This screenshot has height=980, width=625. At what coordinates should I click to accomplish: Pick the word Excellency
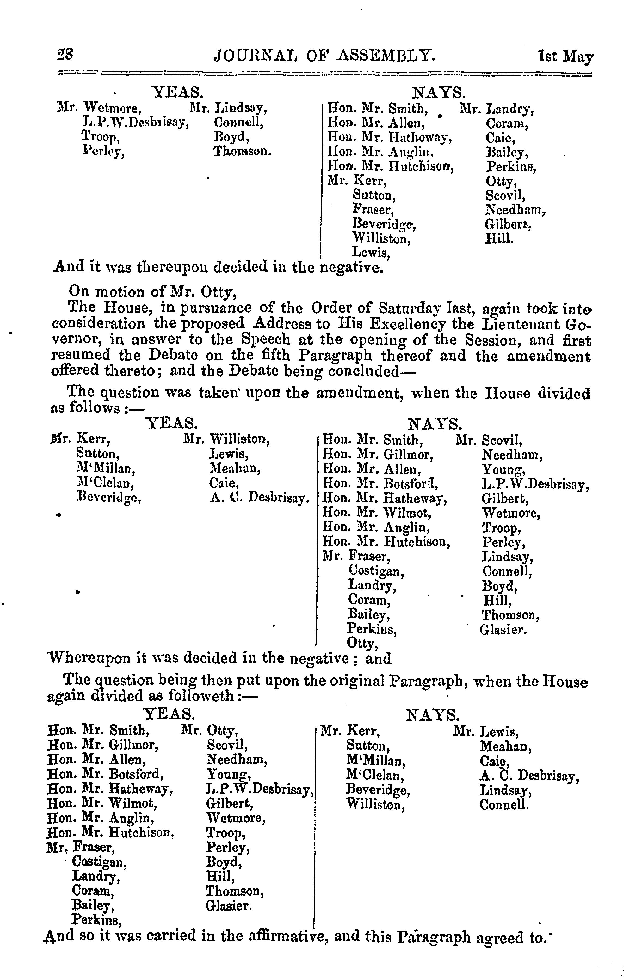(406, 324)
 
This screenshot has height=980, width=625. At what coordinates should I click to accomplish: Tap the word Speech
(266, 339)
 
